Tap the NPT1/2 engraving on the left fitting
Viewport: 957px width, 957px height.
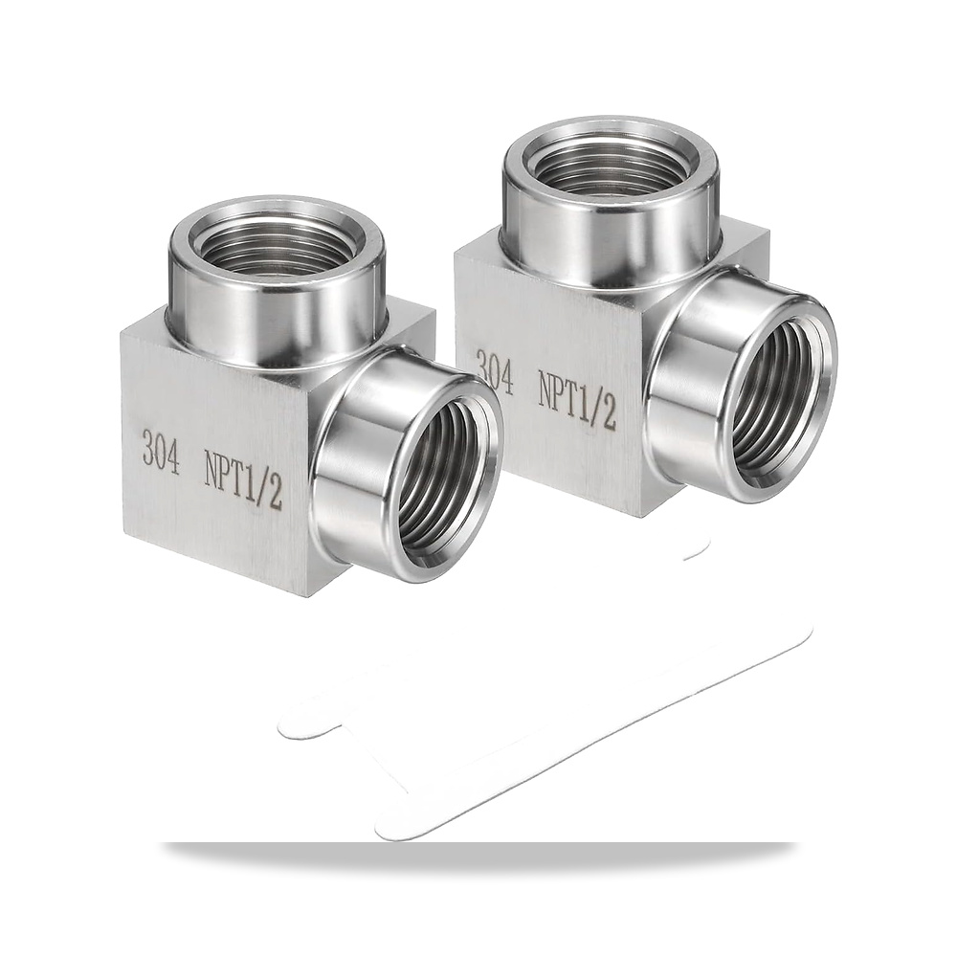243,483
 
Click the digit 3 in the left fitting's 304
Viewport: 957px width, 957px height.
147,448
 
